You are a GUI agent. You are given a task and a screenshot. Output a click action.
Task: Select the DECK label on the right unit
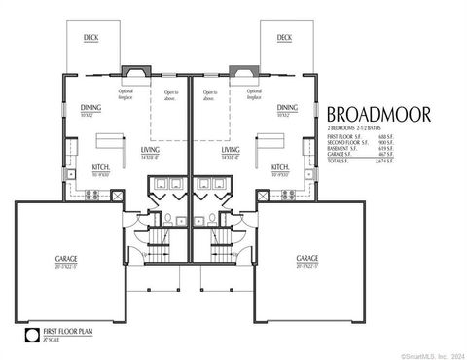[283, 38]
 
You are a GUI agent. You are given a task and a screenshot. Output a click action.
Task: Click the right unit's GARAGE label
[309, 259]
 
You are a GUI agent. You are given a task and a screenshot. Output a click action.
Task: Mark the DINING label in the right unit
[287, 109]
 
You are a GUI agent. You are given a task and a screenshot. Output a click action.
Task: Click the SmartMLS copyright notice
[428, 354]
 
